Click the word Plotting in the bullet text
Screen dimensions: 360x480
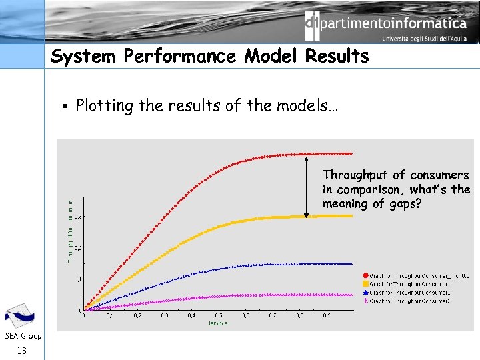coord(105,106)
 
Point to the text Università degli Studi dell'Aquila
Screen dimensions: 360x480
coord(424,39)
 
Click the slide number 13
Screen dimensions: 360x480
coord(22,350)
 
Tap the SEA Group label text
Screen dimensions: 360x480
coord(22,336)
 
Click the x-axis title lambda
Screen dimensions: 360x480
coord(217,323)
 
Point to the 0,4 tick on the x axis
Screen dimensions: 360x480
coord(191,315)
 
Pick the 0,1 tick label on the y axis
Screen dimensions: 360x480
coord(78,279)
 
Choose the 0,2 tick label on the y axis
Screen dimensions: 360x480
coord(78,247)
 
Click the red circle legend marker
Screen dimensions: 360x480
coord(365,275)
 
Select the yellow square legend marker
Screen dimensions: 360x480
coord(365,283)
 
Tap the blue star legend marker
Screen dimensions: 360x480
coord(365,292)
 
